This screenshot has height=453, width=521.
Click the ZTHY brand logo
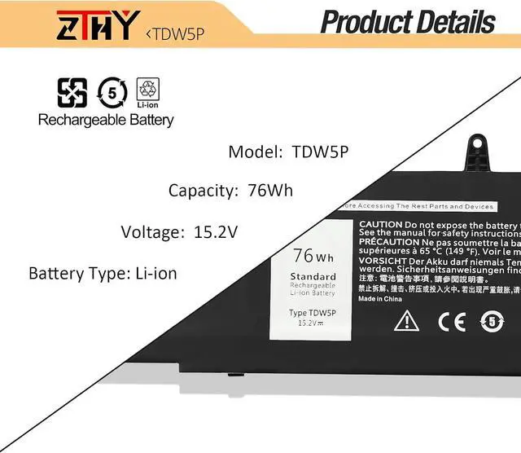(94, 24)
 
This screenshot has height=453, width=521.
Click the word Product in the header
(367, 22)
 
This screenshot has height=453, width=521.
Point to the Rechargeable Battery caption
(106, 120)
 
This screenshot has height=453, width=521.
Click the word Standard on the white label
(313, 277)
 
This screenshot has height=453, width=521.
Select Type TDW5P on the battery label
(312, 313)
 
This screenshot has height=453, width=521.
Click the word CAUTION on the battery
(380, 224)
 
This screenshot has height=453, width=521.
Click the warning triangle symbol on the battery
(406, 321)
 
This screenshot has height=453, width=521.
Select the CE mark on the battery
(452, 322)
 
